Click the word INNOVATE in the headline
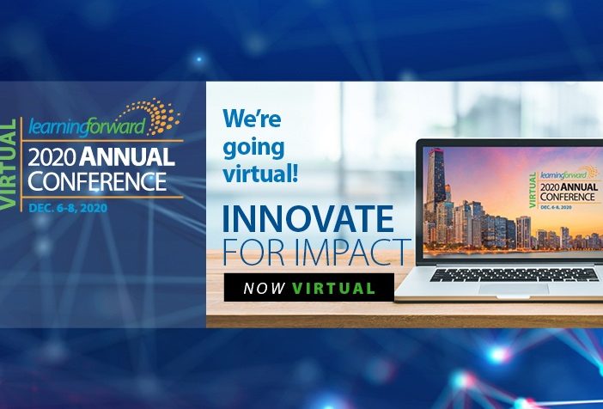tap(308, 218)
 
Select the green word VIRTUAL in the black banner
tap(333, 288)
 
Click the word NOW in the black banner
tap(265, 288)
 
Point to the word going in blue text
tap(253, 149)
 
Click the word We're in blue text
tap(252, 118)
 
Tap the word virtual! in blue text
tap(260, 174)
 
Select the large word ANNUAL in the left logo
tap(127, 156)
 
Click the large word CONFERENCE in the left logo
tap(97, 181)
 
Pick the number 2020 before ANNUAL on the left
tap(52, 157)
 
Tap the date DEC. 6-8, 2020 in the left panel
tap(68, 208)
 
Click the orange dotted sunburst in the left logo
tap(154, 115)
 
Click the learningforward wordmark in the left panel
tap(87, 126)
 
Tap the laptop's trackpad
tap(514, 289)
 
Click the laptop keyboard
tap(515, 275)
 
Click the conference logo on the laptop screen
tap(563, 188)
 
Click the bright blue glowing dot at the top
tap(198, 59)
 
